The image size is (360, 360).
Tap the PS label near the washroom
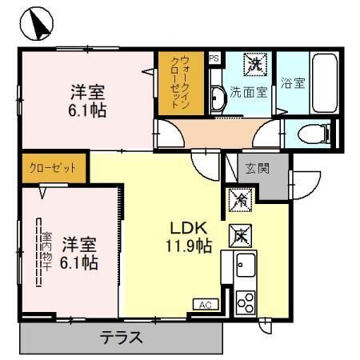[x=214, y=58]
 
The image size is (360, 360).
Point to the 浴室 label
[x=292, y=82]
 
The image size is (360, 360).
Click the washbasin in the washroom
[x=218, y=100]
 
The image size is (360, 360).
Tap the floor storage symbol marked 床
[x=240, y=234]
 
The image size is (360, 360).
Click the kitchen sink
[x=244, y=264]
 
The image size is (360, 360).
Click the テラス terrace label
[x=121, y=338]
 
